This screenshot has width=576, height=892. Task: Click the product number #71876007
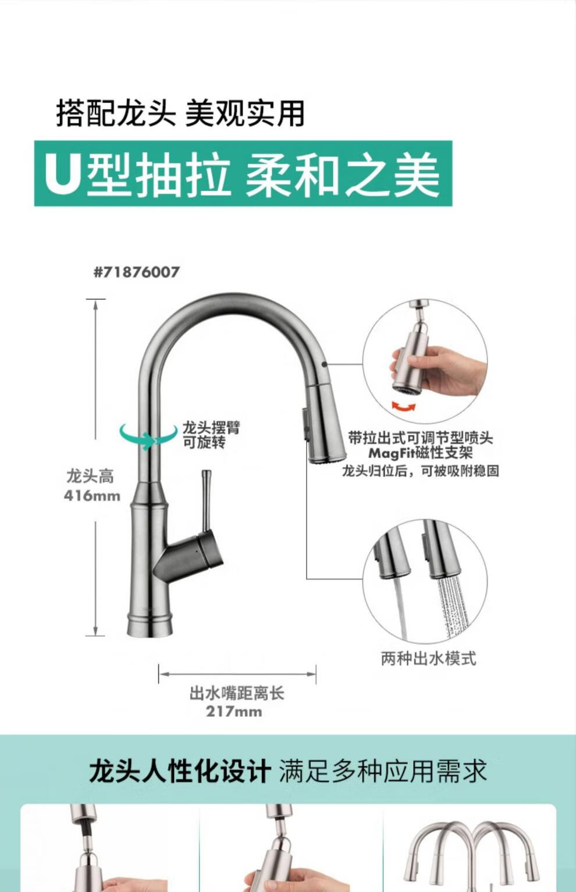click(137, 272)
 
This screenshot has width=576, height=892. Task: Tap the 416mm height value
click(92, 496)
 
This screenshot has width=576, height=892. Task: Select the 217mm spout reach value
click(234, 712)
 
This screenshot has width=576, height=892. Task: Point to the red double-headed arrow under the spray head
click(404, 407)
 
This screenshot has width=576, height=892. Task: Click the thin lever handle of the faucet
click(206, 502)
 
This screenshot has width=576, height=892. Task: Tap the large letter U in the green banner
click(63, 174)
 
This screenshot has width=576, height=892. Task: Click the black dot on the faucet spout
click(325, 364)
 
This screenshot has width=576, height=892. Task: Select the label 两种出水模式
click(428, 658)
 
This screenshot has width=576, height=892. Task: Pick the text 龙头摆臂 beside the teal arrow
click(211, 428)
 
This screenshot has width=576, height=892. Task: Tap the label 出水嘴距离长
click(237, 693)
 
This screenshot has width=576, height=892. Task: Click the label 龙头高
click(90, 477)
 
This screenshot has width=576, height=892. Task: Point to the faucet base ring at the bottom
click(150, 624)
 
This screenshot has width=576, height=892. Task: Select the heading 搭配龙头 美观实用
click(180, 113)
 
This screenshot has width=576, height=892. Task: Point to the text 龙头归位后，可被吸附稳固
click(420, 471)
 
